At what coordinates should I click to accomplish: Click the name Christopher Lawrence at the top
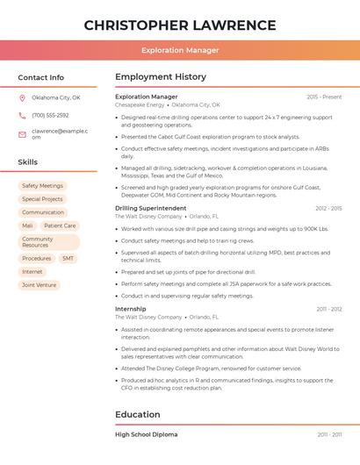(x=180, y=25)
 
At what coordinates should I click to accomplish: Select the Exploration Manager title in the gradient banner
(x=180, y=50)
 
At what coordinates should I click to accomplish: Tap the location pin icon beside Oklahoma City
(x=22, y=97)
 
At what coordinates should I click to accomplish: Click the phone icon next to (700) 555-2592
(x=22, y=116)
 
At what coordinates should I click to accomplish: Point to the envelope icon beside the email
(x=22, y=134)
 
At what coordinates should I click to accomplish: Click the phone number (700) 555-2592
(x=50, y=116)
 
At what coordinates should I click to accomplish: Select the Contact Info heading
(x=41, y=77)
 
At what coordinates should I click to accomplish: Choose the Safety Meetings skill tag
(x=43, y=186)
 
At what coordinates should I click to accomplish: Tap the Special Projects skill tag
(x=43, y=199)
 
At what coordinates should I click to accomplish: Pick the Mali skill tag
(x=28, y=225)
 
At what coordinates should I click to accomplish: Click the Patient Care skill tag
(x=60, y=225)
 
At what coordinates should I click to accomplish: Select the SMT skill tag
(x=68, y=259)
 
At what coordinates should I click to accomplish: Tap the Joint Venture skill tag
(x=40, y=285)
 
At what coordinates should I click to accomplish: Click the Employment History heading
(x=161, y=77)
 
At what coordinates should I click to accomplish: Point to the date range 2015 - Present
(x=324, y=97)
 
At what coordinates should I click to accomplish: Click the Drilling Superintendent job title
(x=151, y=208)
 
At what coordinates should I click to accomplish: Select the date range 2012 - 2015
(x=328, y=208)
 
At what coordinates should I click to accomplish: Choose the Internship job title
(x=131, y=309)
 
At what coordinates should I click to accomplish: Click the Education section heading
(x=138, y=414)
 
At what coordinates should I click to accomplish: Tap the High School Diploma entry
(x=147, y=434)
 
